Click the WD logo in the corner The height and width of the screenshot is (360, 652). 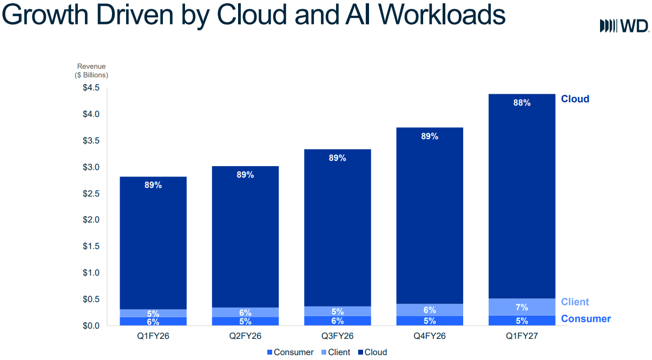click(x=624, y=25)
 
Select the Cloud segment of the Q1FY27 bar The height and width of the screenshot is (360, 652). click(x=522, y=196)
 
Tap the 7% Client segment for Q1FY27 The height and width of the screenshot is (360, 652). click(x=522, y=307)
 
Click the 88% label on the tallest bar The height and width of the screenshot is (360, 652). click(x=522, y=102)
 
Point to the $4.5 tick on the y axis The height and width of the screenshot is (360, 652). click(x=91, y=88)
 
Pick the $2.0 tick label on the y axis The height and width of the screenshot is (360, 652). click(x=91, y=220)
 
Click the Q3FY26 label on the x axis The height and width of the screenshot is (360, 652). click(x=337, y=336)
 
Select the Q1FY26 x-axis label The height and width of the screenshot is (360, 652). click(x=153, y=336)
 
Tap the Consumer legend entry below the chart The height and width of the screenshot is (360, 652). click(x=290, y=352)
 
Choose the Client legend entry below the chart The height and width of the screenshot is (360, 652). click(x=335, y=352)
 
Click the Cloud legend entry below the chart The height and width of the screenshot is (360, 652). click(x=373, y=352)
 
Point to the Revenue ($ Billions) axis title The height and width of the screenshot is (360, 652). click(x=91, y=71)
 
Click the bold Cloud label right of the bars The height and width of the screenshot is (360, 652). click(x=575, y=99)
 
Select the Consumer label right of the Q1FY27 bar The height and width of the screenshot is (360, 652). click(x=586, y=319)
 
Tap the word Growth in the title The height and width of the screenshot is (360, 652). click(x=45, y=15)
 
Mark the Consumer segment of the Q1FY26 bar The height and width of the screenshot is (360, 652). click(x=153, y=321)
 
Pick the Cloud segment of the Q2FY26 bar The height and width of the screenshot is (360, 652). click(x=245, y=237)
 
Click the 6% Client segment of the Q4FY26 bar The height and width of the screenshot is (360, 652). click(x=430, y=310)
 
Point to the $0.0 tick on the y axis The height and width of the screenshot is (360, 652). click(x=91, y=326)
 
